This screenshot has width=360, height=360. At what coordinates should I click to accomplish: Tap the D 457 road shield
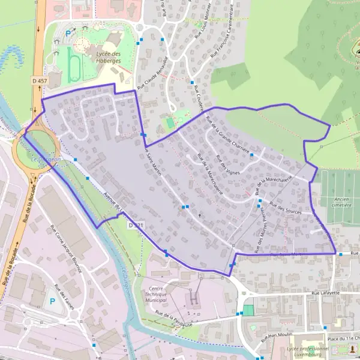point(40,80)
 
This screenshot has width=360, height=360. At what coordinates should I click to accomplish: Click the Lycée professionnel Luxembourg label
point(308,352)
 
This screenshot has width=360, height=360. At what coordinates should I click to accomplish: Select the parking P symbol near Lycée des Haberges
point(68,33)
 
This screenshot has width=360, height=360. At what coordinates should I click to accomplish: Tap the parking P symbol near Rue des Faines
point(52,301)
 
